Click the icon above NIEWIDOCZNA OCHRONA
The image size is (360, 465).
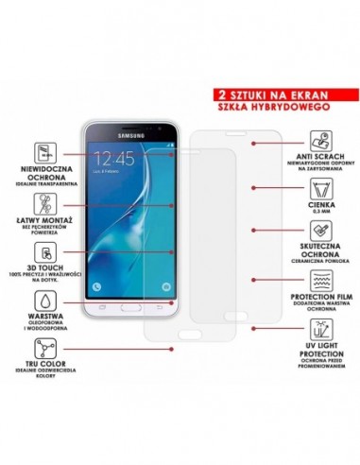click(42, 152)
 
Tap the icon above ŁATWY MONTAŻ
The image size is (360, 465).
click(42, 201)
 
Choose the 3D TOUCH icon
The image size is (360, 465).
click(42, 252)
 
